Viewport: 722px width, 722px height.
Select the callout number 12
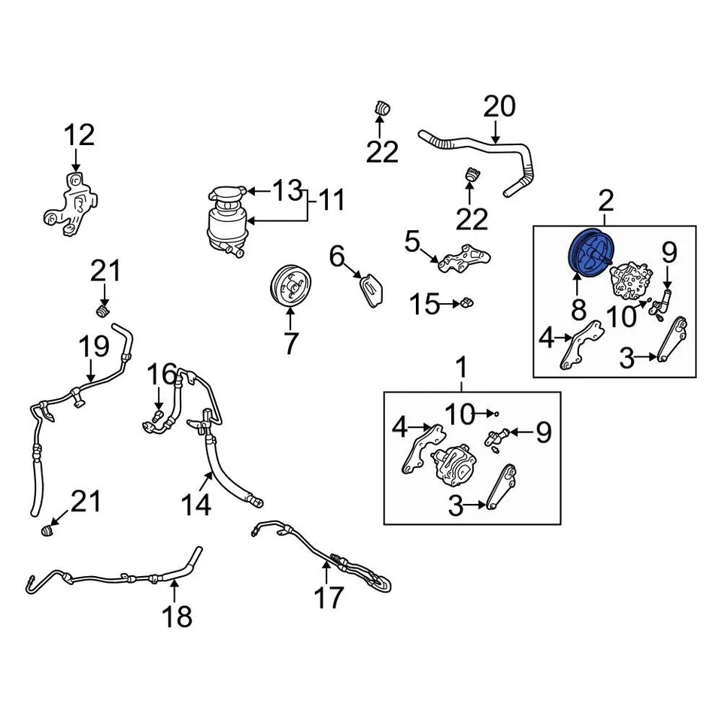pos(78,136)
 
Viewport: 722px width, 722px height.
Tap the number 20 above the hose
pos(500,106)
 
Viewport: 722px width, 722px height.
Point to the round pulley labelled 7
pos(290,286)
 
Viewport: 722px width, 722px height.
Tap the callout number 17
pos(329,597)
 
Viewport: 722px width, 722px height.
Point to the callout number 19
pos(94,347)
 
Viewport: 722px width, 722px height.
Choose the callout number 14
pos(196,504)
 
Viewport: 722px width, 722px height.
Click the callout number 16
pos(161,372)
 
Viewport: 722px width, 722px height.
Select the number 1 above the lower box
pos(463,368)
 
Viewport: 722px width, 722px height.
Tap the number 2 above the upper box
pos(606,200)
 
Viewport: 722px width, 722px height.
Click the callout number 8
pos(578,308)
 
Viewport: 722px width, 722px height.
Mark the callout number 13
pos(287,191)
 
